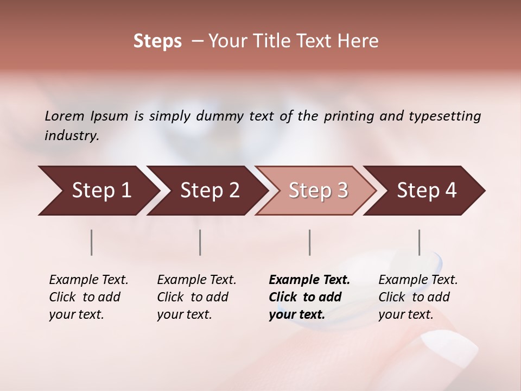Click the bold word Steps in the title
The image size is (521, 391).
coord(157,41)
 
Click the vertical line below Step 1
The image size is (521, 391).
coord(92,242)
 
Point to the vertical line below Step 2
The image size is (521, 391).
coord(200,242)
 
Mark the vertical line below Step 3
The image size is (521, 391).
coord(310,242)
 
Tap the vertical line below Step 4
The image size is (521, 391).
coord(419,242)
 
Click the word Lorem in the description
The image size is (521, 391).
coord(65,116)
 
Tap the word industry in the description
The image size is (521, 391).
coord(71,136)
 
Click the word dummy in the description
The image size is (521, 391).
coord(220,116)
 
